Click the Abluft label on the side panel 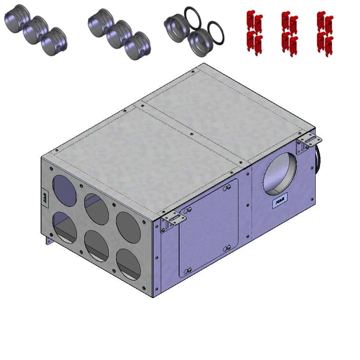click(x=280, y=203)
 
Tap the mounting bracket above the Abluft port click(x=309, y=141)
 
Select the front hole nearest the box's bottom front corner click(x=128, y=264)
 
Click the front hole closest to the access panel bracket click(x=128, y=227)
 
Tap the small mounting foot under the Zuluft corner click(x=48, y=241)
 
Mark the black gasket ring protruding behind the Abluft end click(x=317, y=157)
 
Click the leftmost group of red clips click(x=255, y=33)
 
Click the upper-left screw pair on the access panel click(x=188, y=210)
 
